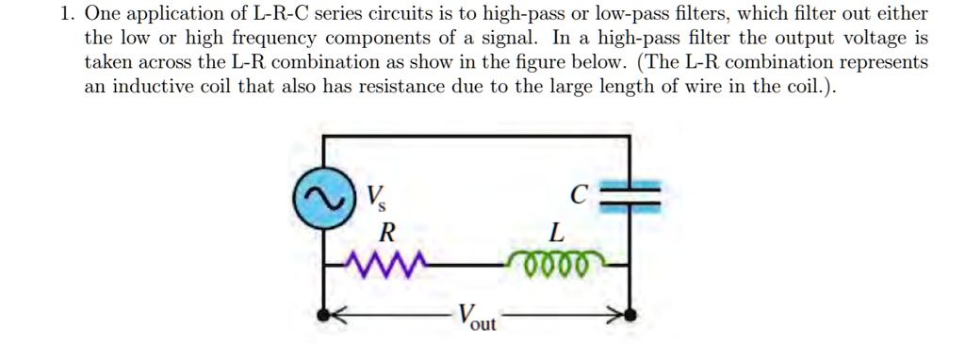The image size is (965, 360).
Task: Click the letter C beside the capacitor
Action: (x=580, y=195)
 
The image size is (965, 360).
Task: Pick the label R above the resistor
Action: (x=384, y=232)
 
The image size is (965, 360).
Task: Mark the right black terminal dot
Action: (x=630, y=316)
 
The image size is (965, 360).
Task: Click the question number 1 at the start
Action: (x=65, y=14)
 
